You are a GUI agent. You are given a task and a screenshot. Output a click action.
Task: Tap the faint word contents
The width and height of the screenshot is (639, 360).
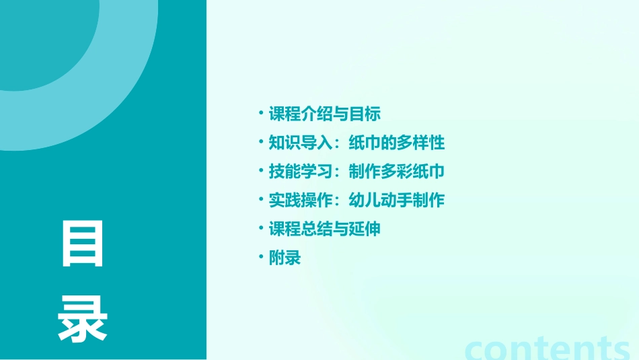(x=548, y=348)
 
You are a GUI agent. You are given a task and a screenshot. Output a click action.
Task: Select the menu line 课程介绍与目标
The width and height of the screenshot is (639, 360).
(x=325, y=114)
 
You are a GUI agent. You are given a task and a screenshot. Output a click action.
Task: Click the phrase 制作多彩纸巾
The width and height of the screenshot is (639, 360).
(x=397, y=172)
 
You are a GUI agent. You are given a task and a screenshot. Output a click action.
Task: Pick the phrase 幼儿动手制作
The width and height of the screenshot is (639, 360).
(x=397, y=201)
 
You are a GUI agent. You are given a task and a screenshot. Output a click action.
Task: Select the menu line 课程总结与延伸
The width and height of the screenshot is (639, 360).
(x=325, y=229)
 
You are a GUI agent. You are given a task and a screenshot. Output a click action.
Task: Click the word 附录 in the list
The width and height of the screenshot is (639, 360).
(x=285, y=258)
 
